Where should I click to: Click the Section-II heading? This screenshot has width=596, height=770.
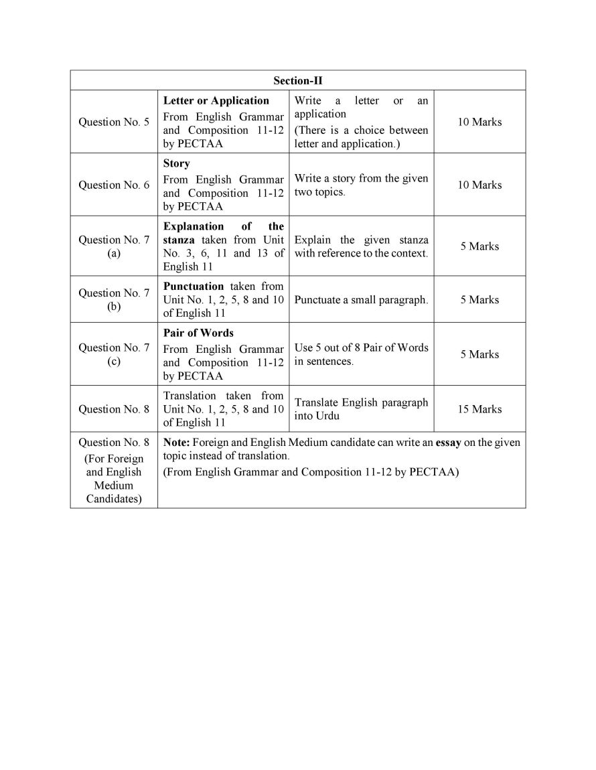297,80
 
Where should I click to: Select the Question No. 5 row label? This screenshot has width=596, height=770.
114,122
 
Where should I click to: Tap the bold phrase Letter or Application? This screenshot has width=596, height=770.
216,100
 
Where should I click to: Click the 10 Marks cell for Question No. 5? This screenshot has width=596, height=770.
479,122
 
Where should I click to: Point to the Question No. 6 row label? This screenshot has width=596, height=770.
114,185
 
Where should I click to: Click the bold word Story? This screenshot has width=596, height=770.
176,163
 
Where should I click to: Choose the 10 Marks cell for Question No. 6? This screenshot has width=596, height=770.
479,185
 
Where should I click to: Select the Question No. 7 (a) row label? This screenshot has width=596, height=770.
114,246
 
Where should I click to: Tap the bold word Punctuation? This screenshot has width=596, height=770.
194,286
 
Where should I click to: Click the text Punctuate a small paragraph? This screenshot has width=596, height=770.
360,300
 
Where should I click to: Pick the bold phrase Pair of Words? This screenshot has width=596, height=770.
198,333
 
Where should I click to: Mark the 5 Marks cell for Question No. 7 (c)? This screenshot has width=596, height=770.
479,354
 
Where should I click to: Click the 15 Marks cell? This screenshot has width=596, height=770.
479,409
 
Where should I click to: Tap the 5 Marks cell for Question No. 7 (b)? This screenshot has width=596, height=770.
479,300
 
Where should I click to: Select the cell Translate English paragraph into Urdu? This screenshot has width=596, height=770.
360,409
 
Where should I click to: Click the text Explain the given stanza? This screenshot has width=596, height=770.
360,240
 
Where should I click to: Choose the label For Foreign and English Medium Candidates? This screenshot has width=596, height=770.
114,479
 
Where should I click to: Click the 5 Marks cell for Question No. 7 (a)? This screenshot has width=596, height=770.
479,246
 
